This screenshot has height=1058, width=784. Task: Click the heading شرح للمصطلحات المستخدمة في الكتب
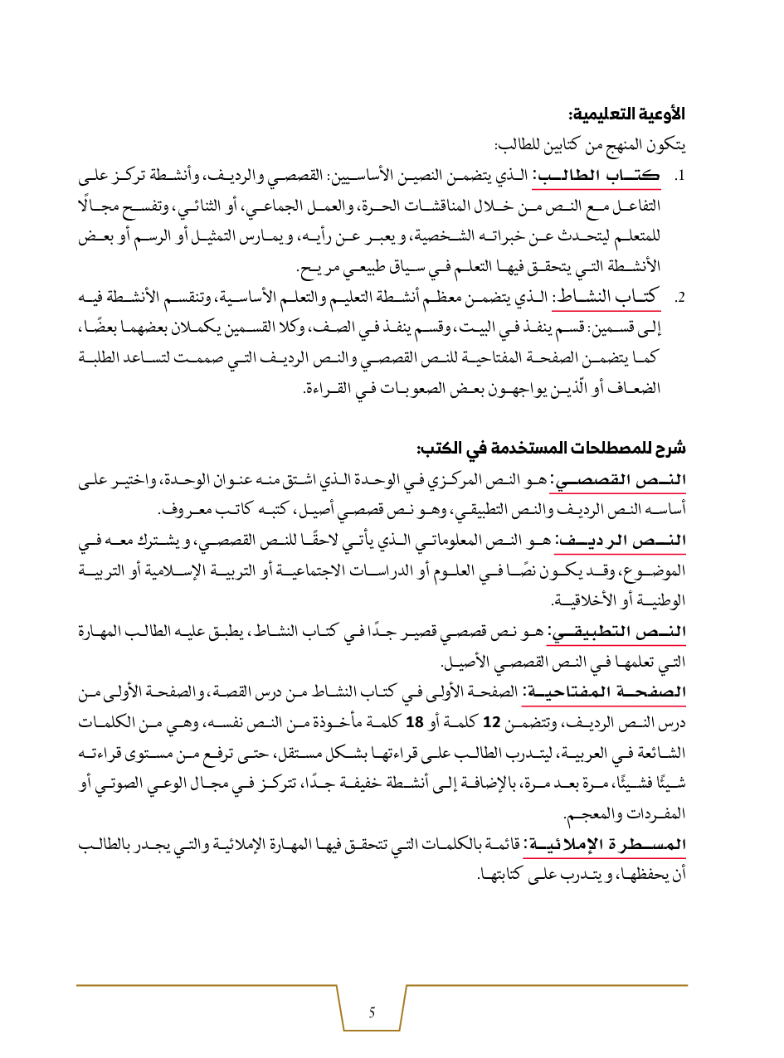(x=552, y=449)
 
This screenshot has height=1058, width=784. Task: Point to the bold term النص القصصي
(x=636, y=482)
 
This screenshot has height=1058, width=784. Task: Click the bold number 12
(x=490, y=722)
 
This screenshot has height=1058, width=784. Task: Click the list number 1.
(x=678, y=177)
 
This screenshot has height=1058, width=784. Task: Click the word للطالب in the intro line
(x=514, y=146)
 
